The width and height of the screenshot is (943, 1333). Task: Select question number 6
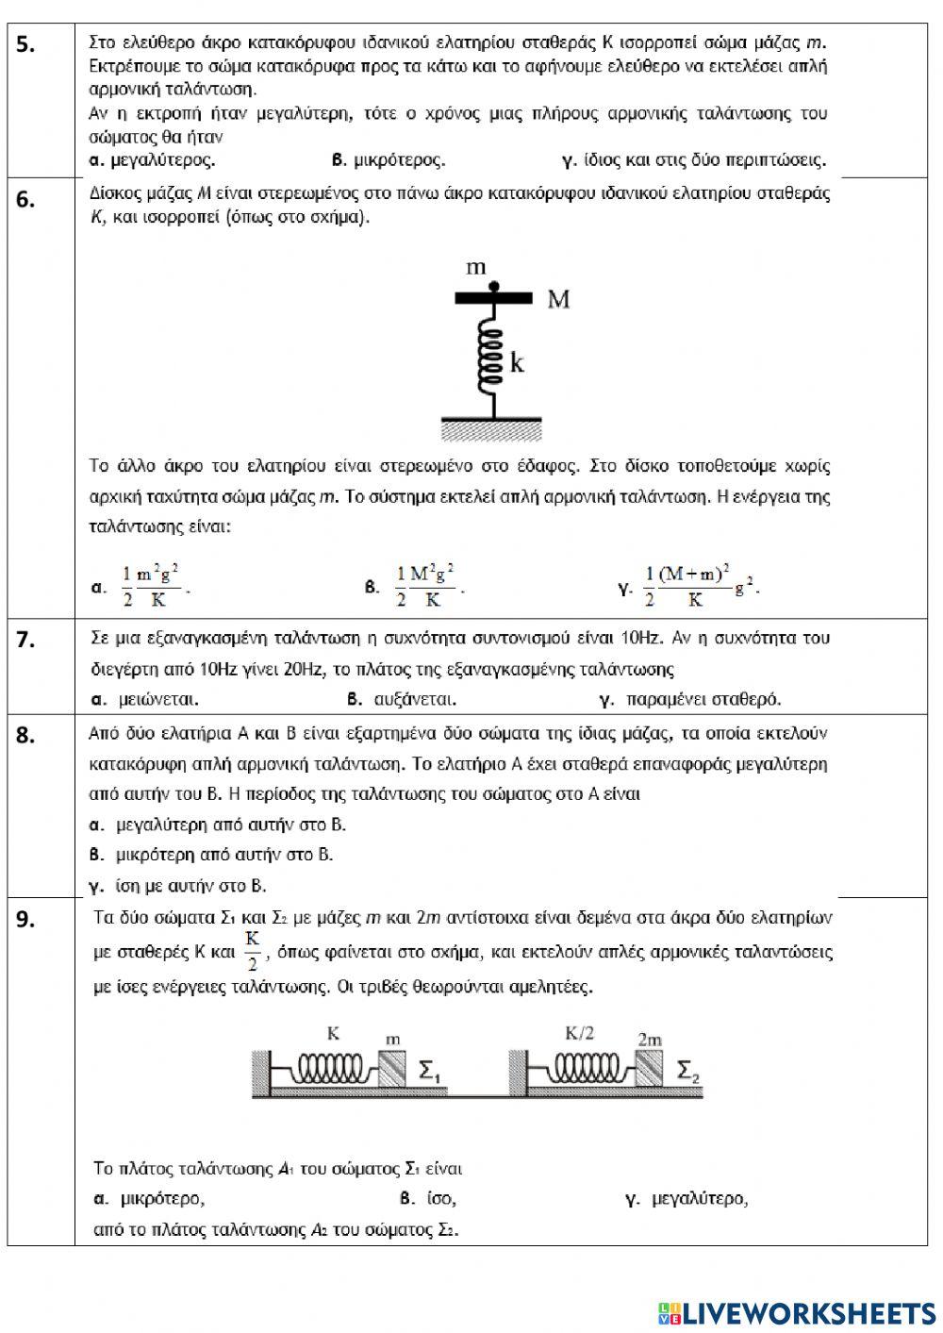pyautogui.click(x=26, y=199)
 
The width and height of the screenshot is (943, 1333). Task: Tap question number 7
pyautogui.click(x=26, y=640)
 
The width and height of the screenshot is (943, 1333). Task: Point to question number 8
pyautogui.click(x=26, y=736)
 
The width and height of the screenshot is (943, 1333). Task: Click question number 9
pyautogui.click(x=26, y=920)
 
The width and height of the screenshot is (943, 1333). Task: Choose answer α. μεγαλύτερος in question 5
pyautogui.click(x=152, y=160)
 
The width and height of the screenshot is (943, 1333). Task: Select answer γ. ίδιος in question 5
pyautogui.click(x=693, y=160)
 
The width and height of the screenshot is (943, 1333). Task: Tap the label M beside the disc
pyautogui.click(x=558, y=300)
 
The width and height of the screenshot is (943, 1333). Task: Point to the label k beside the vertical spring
pyautogui.click(x=517, y=363)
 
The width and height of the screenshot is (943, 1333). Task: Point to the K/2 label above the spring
pyautogui.click(x=580, y=1033)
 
